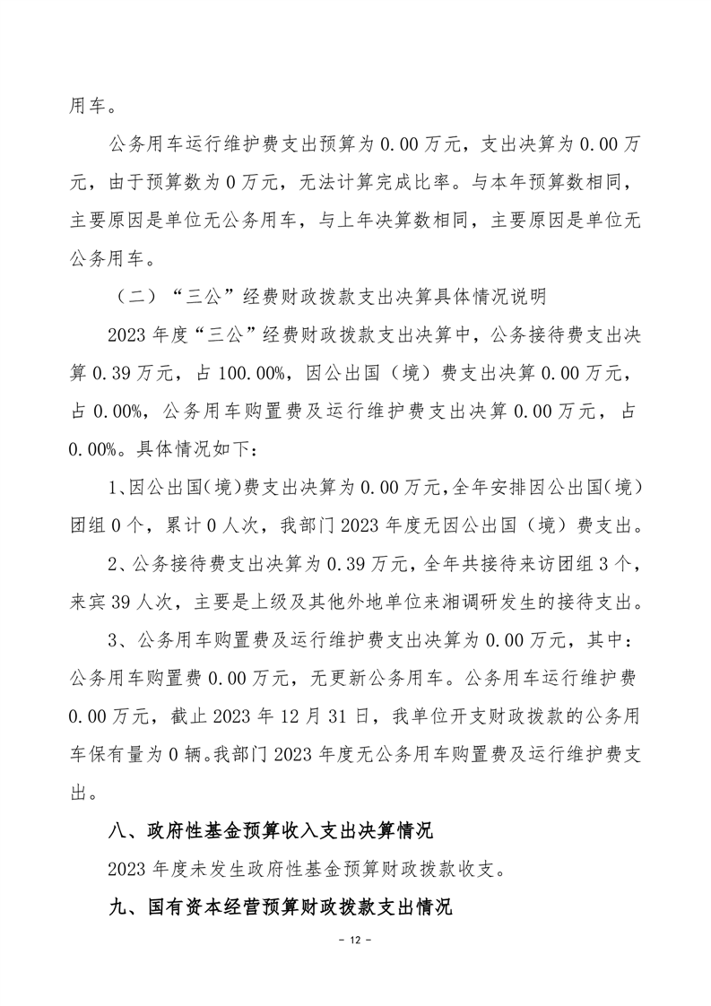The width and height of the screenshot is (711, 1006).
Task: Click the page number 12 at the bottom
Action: pyautogui.click(x=355, y=941)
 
